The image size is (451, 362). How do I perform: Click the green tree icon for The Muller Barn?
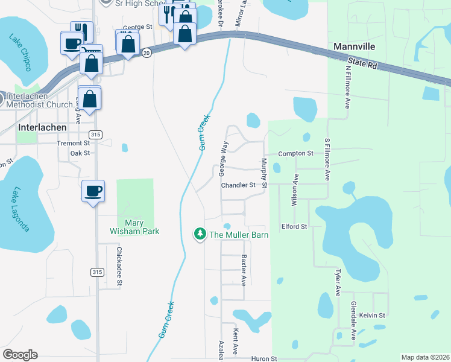[x=200, y=233]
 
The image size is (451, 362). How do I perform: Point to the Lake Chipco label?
[x=20, y=52]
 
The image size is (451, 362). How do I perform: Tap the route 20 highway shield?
[x=147, y=53]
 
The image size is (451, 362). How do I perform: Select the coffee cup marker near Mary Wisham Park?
[x=93, y=192]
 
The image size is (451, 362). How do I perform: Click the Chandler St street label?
[x=238, y=185]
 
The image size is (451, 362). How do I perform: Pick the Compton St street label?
[x=295, y=154]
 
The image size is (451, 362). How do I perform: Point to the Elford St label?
[x=294, y=227]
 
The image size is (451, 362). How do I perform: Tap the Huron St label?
[x=263, y=358]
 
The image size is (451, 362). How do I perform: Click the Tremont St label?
[x=73, y=144]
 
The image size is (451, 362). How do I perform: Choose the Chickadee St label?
[x=119, y=266]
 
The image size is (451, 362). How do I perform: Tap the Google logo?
[x=20, y=355]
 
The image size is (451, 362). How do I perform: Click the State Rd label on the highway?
[x=362, y=63]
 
